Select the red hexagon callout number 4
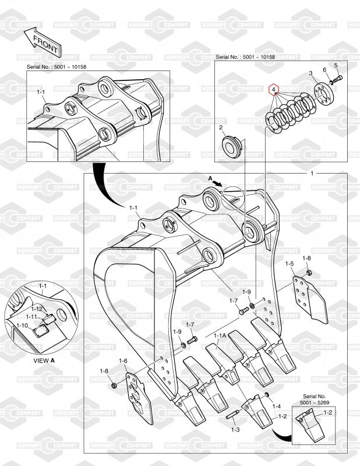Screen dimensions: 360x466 (274, 89)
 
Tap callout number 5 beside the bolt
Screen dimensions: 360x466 (336, 65)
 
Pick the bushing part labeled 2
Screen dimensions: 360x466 (232, 147)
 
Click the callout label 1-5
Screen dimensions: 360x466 (290, 264)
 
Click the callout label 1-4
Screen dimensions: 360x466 (276, 406)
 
